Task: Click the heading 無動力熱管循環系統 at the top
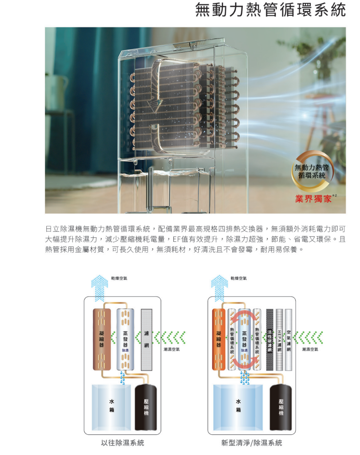pyautogui.click(x=270, y=11)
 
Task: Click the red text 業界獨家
pyautogui.click(x=313, y=199)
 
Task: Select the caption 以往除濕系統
pyautogui.click(x=122, y=442)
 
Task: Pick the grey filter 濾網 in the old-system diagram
pyautogui.click(x=147, y=340)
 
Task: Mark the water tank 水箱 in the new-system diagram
pyautogui.click(x=238, y=406)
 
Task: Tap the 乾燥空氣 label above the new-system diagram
pyautogui.click(x=238, y=278)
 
